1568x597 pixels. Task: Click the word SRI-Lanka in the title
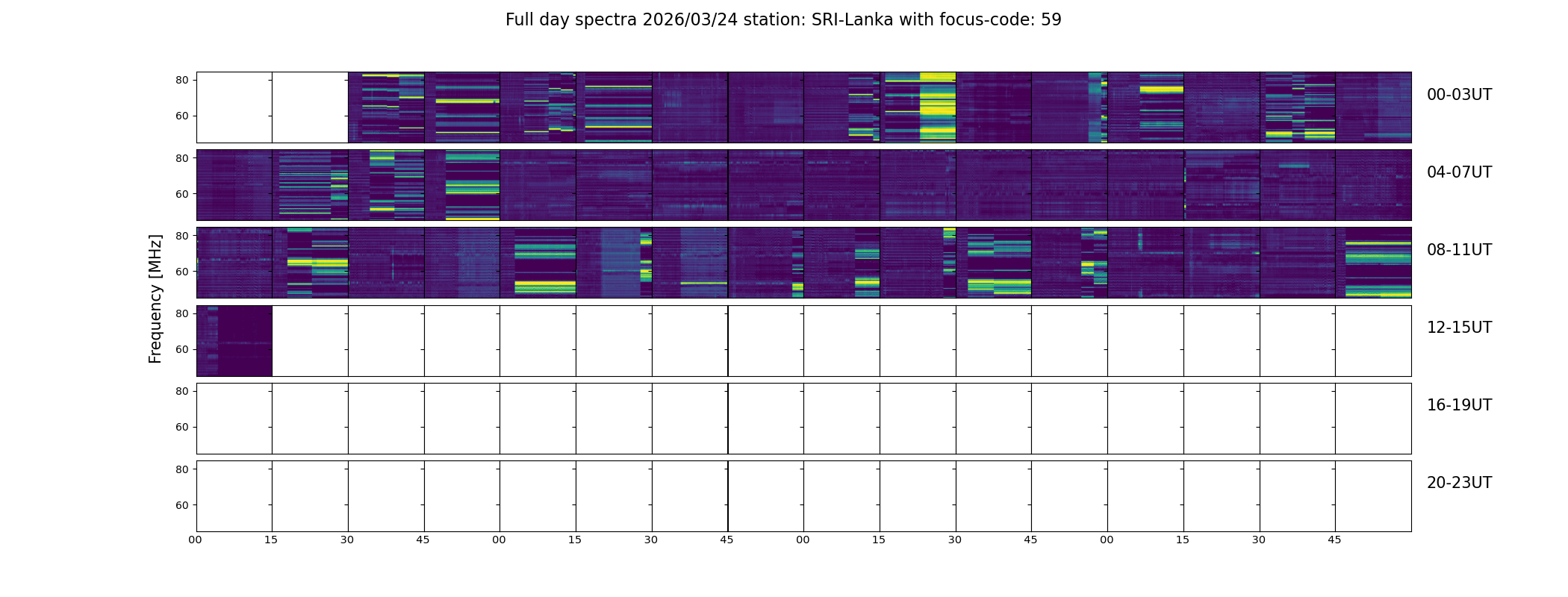(853, 20)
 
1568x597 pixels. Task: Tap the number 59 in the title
(1051, 20)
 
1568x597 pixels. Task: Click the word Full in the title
(520, 20)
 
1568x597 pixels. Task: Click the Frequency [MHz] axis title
(155, 298)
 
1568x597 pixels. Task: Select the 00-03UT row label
(1459, 95)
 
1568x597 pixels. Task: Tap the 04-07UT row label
(1459, 172)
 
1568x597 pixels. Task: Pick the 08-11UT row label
(1459, 250)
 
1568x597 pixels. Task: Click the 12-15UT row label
(1459, 328)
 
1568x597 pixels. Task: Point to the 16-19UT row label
(1459, 405)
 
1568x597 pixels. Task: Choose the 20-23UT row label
(1459, 483)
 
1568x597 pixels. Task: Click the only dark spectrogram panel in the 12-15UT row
(234, 341)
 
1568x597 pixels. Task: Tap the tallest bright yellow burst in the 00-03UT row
(937, 107)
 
